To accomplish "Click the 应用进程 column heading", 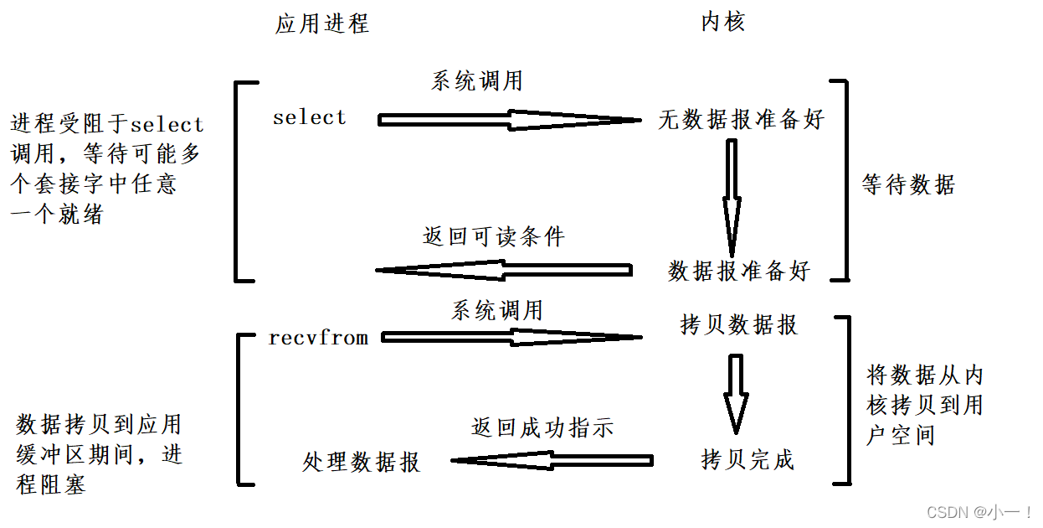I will coord(321,23).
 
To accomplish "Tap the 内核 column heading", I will coord(722,22).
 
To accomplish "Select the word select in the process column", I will coord(309,118).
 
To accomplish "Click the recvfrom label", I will coord(318,339).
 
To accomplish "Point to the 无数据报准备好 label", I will coord(741,120).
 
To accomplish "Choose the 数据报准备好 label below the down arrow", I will coord(739,271).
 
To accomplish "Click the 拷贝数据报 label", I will coord(739,324).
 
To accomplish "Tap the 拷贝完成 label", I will coord(747,459).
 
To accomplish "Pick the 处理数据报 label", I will coord(361,462).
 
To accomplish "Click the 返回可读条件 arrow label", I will coord(494,237).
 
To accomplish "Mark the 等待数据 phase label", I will coord(908,184).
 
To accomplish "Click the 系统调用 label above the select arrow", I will coord(477,81).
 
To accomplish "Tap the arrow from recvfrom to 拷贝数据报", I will coord(511,338).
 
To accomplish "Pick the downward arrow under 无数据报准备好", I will coord(732,197).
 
